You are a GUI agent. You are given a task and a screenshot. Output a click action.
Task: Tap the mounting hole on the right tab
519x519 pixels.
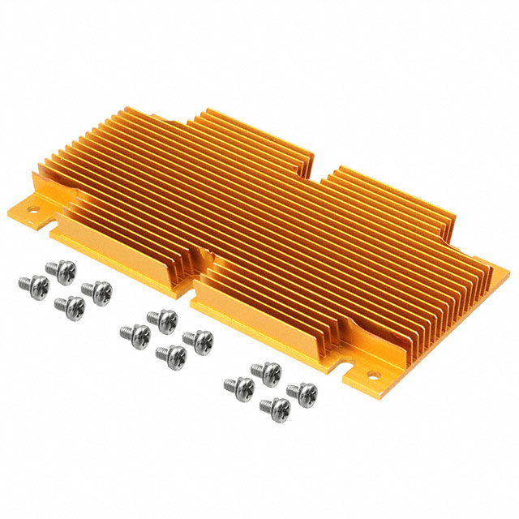[x=374, y=375]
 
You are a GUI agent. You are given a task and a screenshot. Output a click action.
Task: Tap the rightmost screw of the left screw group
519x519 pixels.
[x=97, y=290]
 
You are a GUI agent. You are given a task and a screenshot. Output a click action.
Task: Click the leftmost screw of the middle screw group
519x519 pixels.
[x=134, y=332]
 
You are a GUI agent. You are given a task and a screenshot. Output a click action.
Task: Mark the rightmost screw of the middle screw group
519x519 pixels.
[x=197, y=339]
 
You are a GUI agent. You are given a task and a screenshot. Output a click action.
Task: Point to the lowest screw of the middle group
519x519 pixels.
[x=171, y=354]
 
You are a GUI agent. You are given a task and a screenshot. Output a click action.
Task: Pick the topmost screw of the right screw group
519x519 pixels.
[x=264, y=371]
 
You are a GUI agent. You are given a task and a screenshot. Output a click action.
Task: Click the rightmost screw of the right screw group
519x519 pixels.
[x=302, y=392]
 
